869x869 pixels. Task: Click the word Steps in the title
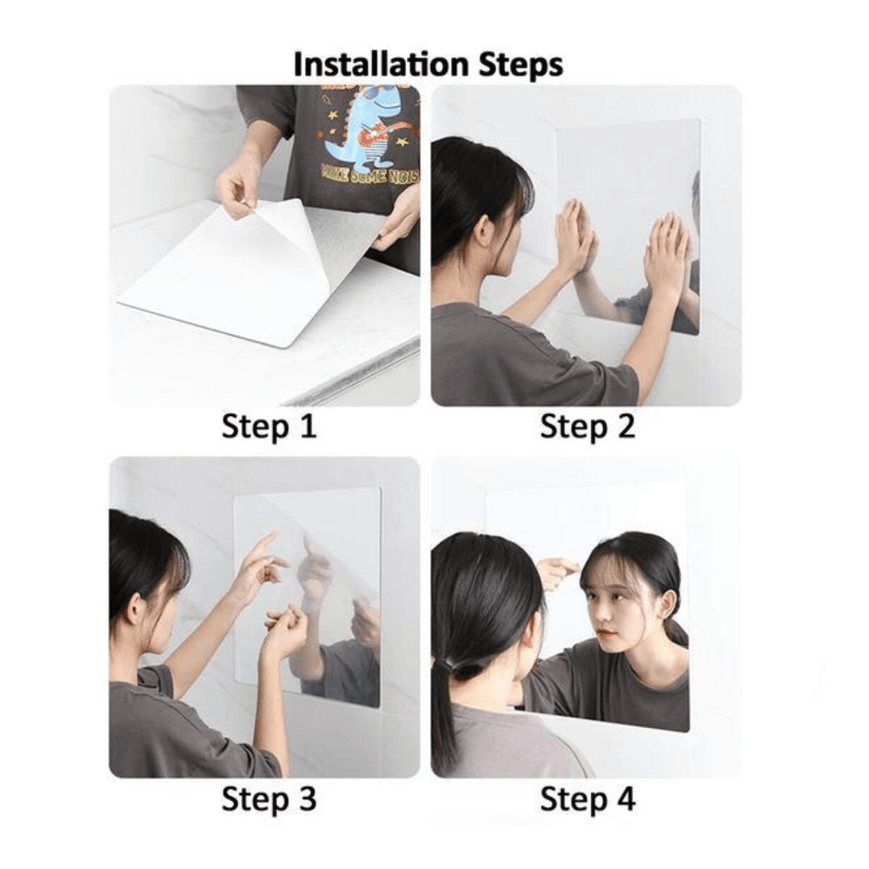[x=520, y=65]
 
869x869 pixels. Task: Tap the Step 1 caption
[x=269, y=427]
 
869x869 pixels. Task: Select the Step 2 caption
[x=587, y=427]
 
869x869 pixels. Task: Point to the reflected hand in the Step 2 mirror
[x=666, y=249]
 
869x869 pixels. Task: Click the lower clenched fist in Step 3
[x=285, y=629]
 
